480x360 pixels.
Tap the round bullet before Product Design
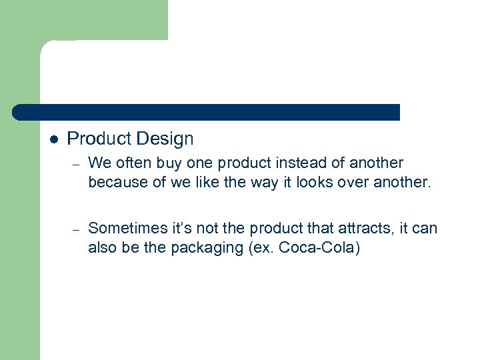pyautogui.click(x=53, y=140)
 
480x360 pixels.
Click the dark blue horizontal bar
pyautogui.click(x=207, y=112)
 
